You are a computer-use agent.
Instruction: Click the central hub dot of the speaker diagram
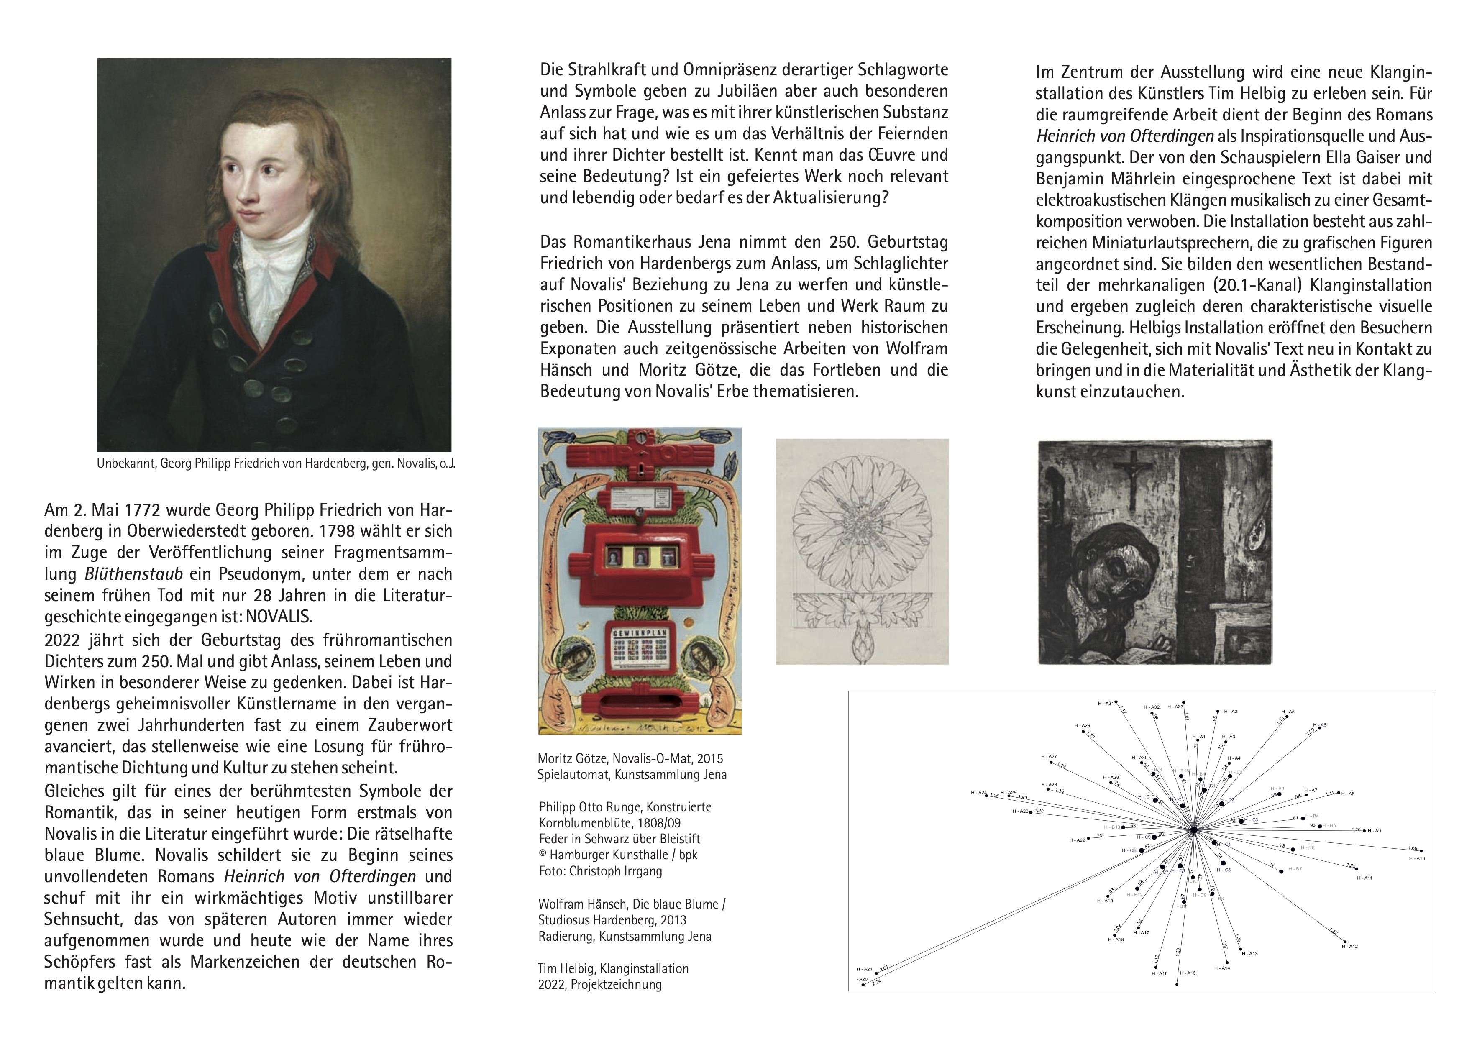(x=1193, y=830)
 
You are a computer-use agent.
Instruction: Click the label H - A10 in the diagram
(x=1417, y=859)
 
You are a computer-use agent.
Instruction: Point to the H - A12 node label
(x=1349, y=947)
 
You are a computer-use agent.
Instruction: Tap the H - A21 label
(x=864, y=970)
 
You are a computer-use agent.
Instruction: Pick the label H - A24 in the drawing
(x=979, y=792)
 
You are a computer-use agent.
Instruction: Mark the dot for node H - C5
(x=1223, y=863)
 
